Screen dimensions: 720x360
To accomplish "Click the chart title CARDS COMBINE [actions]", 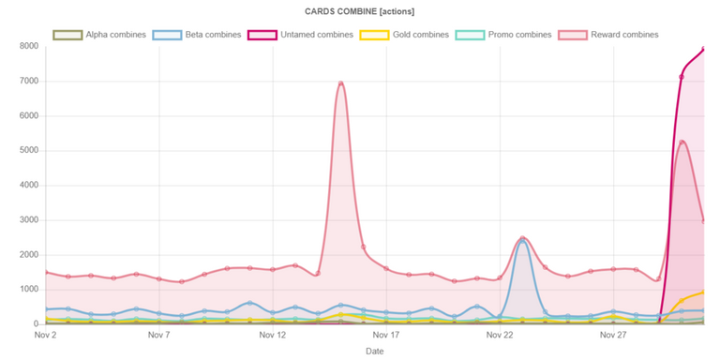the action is click(x=360, y=12).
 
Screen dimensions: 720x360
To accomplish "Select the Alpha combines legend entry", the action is click(x=99, y=35).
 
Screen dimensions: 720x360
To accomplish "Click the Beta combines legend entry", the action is click(x=198, y=35).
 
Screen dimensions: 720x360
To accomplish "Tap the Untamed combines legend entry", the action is click(x=300, y=35).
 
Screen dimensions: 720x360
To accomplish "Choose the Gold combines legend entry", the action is click(x=405, y=35).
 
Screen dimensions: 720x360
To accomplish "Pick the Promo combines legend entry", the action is click(x=503, y=35).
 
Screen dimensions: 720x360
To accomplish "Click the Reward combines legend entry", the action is click(x=608, y=35).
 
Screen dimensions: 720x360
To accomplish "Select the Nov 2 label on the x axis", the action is click(x=45, y=336).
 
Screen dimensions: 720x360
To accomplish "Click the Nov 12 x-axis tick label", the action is click(x=273, y=336).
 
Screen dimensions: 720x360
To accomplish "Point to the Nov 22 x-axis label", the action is click(x=500, y=336).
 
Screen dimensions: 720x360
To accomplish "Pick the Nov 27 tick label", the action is click(x=614, y=336).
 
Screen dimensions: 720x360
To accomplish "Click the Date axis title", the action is click(x=375, y=352).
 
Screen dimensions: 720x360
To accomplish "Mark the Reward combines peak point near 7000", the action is click(x=340, y=83).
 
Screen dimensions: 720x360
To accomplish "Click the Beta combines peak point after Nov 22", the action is click(x=522, y=241).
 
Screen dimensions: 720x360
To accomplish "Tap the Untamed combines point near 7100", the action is click(x=682, y=77).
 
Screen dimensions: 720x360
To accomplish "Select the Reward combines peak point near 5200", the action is click(x=682, y=142).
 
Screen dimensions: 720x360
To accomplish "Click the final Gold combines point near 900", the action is click(x=703, y=292).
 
